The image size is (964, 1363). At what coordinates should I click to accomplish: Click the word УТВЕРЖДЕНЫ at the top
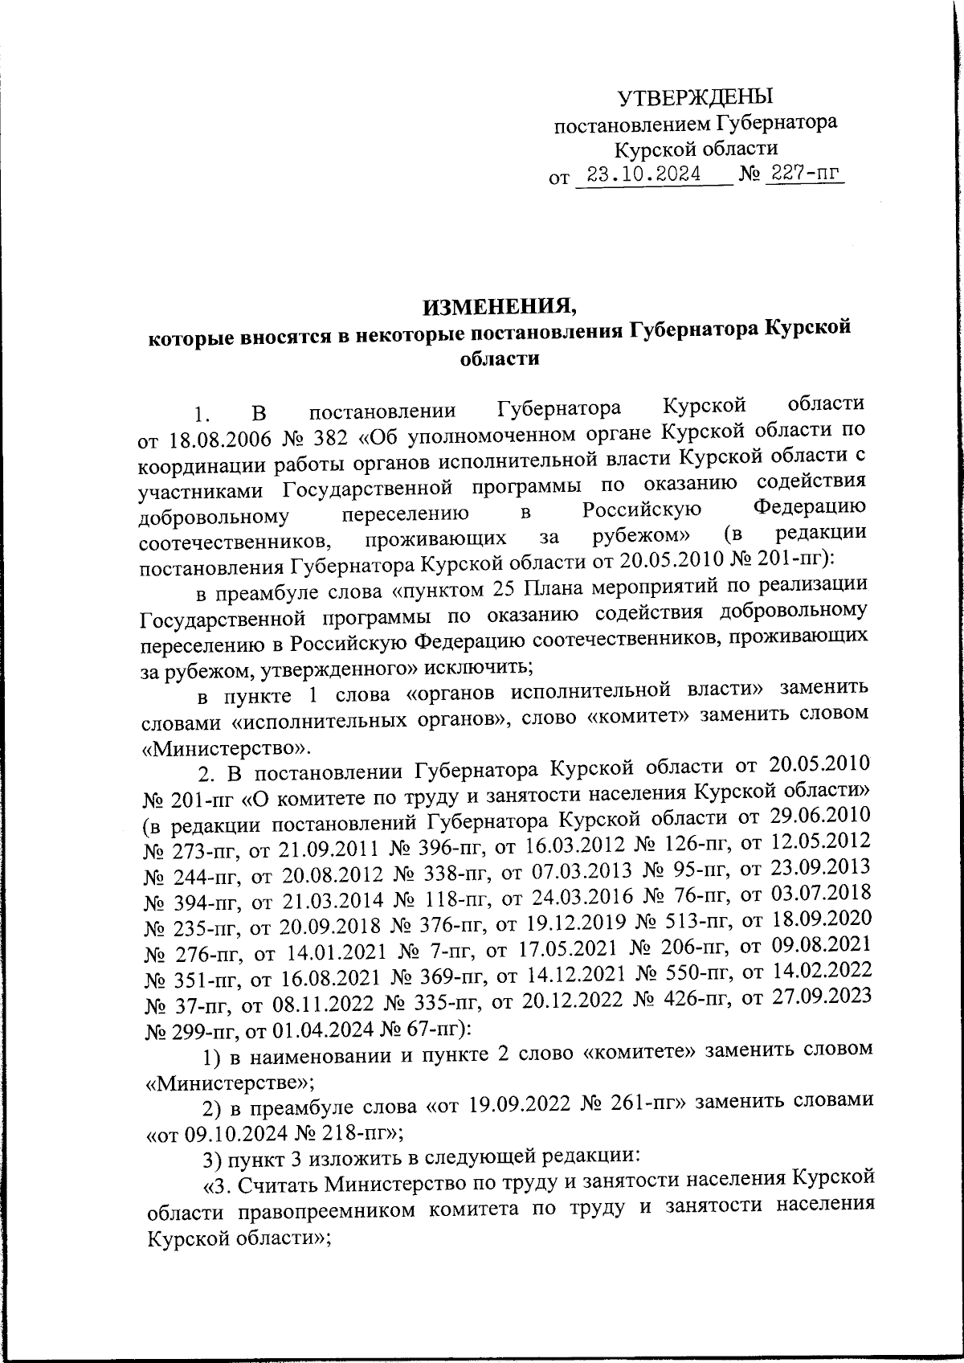pyautogui.click(x=695, y=98)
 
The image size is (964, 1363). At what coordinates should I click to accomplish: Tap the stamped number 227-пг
pyautogui.click(x=803, y=174)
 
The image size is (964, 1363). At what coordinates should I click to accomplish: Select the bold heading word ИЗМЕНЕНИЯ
pyautogui.click(x=500, y=306)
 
